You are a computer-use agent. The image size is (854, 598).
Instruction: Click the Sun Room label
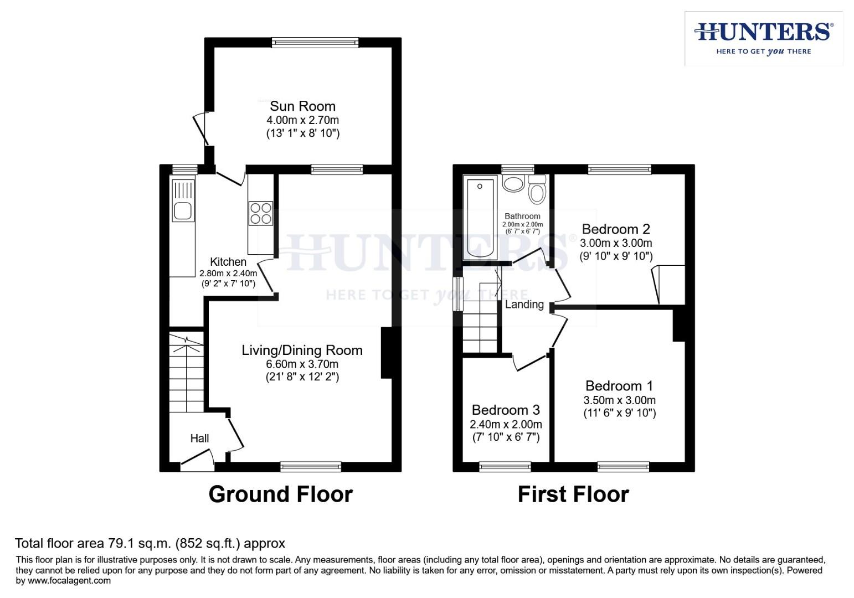[x=302, y=106]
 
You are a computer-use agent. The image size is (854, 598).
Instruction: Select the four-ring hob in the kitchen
[x=261, y=213]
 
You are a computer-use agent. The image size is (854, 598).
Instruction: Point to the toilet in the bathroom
[x=537, y=190]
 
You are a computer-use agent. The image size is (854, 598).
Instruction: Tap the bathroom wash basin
[x=513, y=184]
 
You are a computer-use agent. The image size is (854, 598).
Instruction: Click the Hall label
[x=199, y=438]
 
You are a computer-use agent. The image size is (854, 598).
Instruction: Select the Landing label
[x=524, y=304]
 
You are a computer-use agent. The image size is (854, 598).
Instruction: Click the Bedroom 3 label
[x=505, y=410]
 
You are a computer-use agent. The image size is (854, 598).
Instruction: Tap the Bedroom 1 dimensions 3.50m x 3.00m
[x=619, y=400]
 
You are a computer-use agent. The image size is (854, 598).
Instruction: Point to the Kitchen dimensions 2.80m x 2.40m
[x=228, y=273]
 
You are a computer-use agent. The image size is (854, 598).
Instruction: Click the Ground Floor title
[x=280, y=494]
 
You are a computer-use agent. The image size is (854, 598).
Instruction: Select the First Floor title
[x=573, y=494]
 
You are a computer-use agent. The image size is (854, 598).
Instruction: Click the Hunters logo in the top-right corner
[x=763, y=38]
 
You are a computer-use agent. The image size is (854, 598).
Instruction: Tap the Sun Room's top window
[x=315, y=43]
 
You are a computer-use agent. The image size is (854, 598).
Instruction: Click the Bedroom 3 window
[x=505, y=466]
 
